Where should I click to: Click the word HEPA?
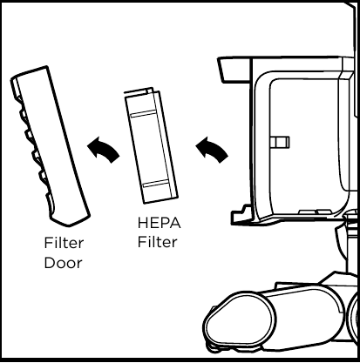[x=159, y=223]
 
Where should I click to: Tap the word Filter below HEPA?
[x=157, y=242]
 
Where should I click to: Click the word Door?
[x=64, y=263]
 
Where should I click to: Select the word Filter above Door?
[x=64, y=243]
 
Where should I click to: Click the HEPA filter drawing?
[x=151, y=145]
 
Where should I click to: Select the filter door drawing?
[x=50, y=146]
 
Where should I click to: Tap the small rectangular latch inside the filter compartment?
[x=280, y=142]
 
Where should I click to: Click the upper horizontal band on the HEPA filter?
[x=144, y=114]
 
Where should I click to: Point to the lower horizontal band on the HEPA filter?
[x=156, y=184]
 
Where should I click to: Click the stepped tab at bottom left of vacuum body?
[x=242, y=215]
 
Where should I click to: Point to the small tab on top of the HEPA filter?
[x=149, y=91]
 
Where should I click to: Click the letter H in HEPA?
[x=143, y=223]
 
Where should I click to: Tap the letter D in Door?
[x=50, y=263]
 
